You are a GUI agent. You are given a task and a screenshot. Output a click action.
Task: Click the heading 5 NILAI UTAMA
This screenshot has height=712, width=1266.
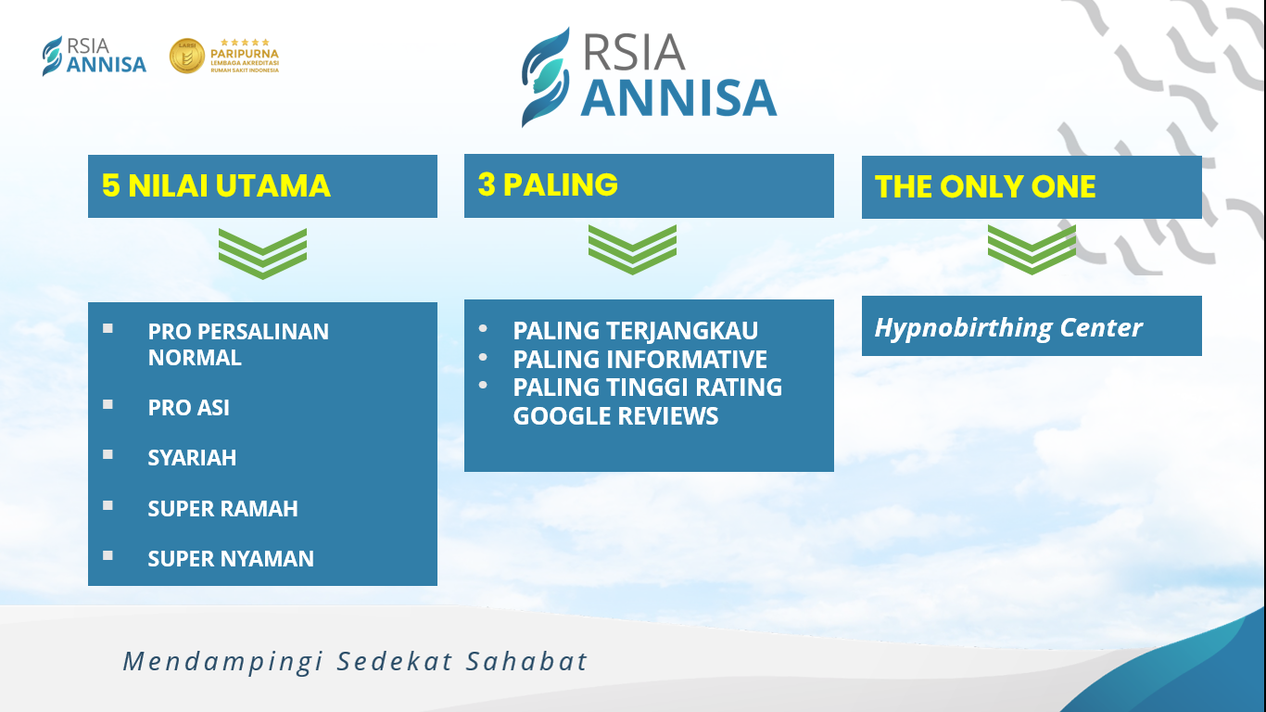[x=216, y=185]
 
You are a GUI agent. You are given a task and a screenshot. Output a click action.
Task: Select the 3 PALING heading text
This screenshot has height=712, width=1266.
[x=548, y=184]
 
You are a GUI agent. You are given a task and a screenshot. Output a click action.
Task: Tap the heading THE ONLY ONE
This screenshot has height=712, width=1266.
[x=985, y=186]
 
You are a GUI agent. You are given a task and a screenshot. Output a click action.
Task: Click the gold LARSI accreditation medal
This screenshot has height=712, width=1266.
[x=187, y=56]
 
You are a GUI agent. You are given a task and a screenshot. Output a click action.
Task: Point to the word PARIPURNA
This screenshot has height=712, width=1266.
[x=244, y=54]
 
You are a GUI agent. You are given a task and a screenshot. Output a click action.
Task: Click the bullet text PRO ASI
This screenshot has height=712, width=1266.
[x=189, y=408]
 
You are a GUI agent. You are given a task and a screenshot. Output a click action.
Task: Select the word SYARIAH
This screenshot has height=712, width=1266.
[x=192, y=457]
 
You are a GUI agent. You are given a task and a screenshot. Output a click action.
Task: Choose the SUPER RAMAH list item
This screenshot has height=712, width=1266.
[x=222, y=508]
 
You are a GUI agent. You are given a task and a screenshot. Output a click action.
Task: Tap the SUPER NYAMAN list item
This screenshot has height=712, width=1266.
[x=231, y=559]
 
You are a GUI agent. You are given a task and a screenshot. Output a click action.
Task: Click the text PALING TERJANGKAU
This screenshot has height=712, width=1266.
[x=635, y=331]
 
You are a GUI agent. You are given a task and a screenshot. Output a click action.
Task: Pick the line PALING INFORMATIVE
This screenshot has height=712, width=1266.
[x=639, y=360]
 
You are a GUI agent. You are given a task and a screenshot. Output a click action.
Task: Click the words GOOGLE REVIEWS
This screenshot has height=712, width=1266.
[x=615, y=416]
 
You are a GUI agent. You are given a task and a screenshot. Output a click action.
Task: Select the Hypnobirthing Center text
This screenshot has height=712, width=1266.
[x=1008, y=328]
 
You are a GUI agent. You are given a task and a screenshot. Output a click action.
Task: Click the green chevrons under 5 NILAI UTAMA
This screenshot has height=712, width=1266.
[x=263, y=253]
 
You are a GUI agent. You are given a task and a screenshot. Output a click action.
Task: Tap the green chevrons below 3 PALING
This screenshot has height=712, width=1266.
[x=632, y=249]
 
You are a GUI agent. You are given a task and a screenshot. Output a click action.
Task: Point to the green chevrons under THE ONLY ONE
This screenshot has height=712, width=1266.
[x=1032, y=249]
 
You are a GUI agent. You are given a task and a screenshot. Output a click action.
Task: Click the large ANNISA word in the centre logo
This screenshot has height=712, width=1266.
[x=678, y=98]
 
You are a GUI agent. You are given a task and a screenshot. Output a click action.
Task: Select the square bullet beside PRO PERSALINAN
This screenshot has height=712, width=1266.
[x=108, y=328]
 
